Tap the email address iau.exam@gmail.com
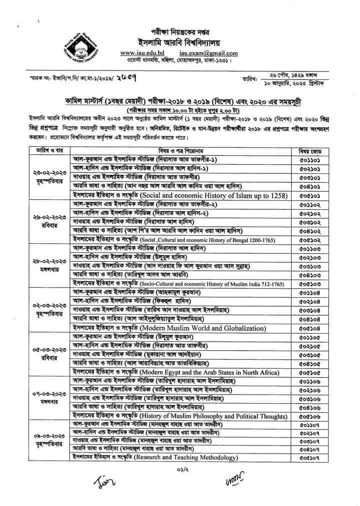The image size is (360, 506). point(208,53)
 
